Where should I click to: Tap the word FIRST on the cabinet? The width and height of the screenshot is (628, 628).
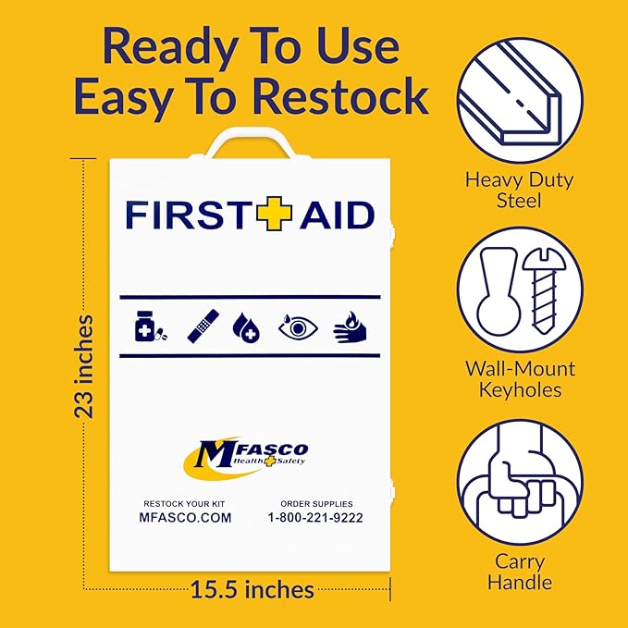tap(189, 215)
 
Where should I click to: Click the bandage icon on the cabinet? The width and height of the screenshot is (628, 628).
tap(202, 326)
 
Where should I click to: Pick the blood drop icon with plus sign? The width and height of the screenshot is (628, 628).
tap(247, 326)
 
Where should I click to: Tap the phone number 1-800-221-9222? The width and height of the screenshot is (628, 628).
tap(315, 518)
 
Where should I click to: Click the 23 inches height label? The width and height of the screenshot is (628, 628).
tap(84, 366)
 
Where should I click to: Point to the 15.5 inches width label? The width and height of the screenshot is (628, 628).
tap(252, 588)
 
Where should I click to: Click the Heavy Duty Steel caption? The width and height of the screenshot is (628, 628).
tap(520, 189)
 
